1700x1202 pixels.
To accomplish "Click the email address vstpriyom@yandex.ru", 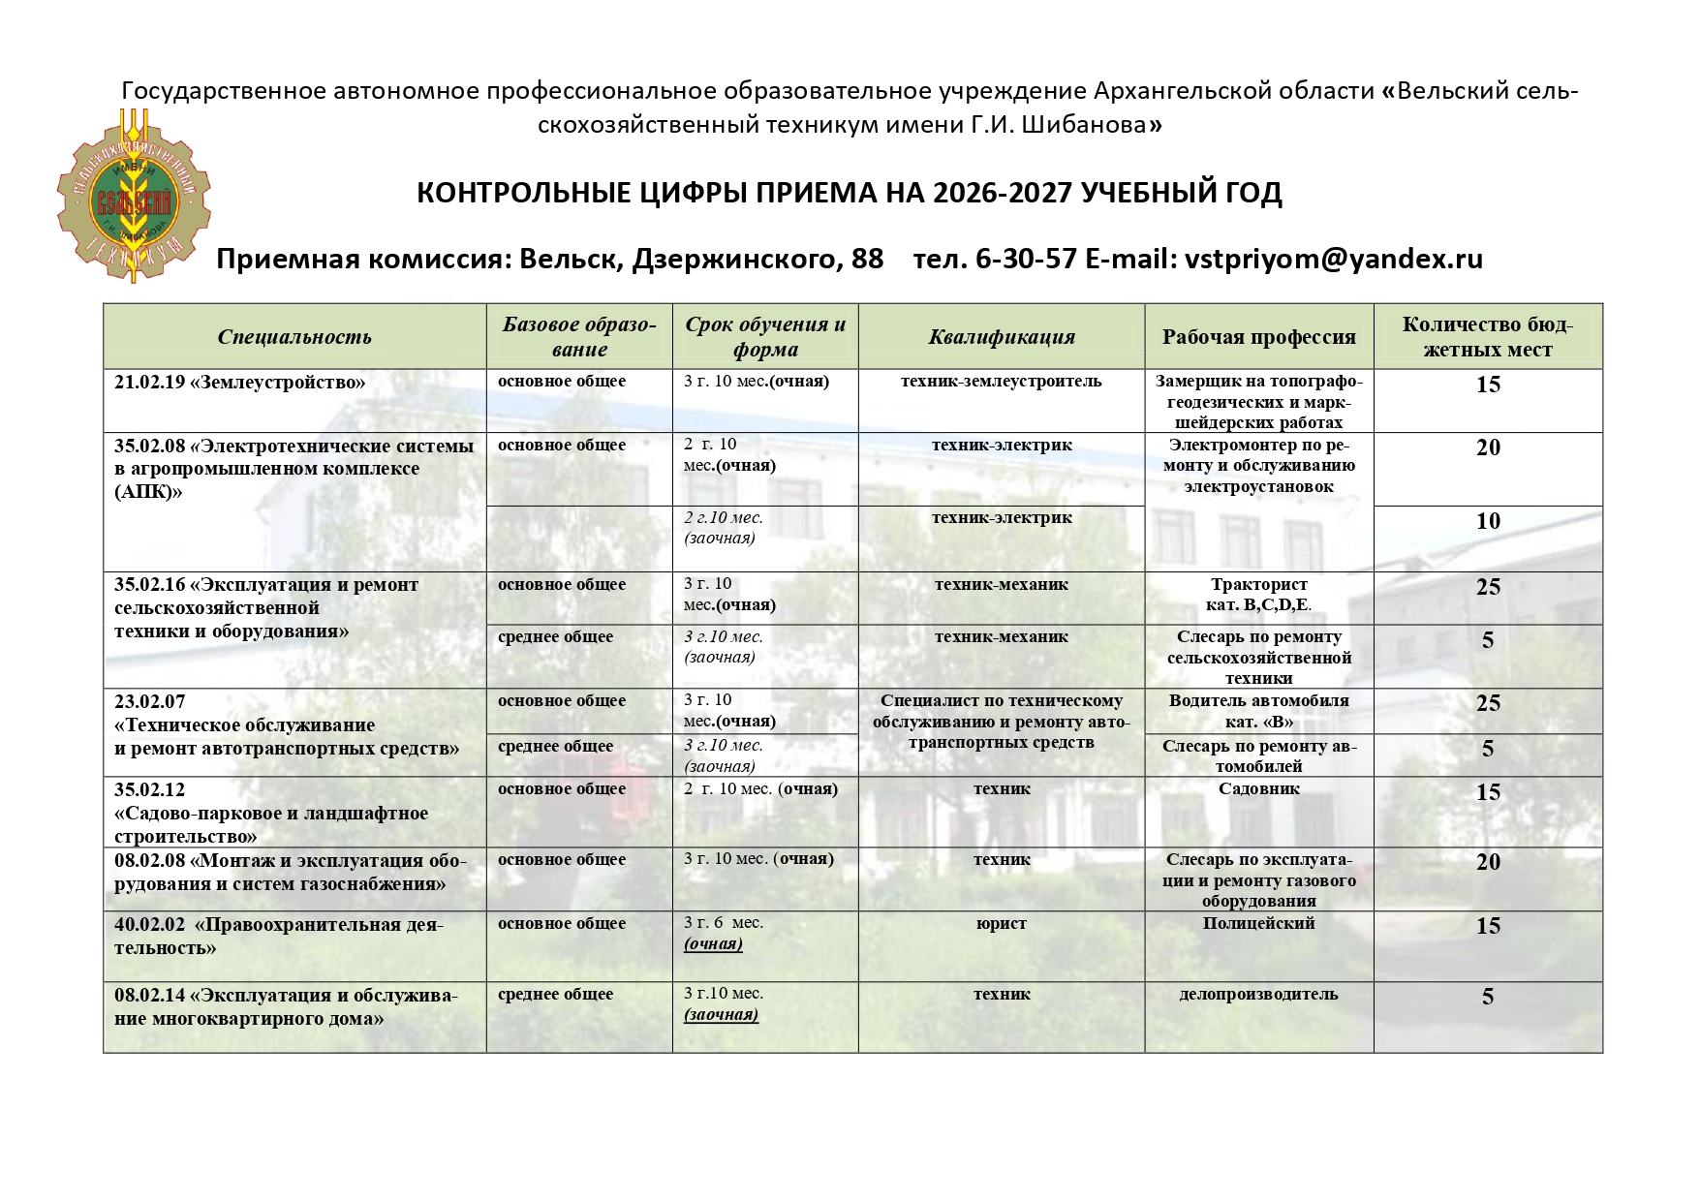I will click(1334, 259).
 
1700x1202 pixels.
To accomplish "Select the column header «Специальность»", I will click(294, 337).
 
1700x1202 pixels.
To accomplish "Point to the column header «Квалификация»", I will click(1002, 337).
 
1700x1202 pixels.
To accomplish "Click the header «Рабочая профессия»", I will click(1258, 337).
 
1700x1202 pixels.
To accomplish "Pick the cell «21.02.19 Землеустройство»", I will click(240, 383).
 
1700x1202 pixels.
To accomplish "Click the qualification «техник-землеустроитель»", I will click(1001, 382).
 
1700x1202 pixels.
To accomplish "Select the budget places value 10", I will click(1488, 521).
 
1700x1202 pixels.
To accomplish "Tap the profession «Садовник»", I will click(1258, 788).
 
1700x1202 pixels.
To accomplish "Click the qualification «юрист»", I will click(1002, 924).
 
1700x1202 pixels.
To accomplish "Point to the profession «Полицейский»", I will click(1258, 924).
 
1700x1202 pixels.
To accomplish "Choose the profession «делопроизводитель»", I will click(1258, 994).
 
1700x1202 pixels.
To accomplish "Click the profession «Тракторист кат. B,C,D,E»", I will click(1258, 595).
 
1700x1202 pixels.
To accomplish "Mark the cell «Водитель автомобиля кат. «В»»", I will click(1258, 711).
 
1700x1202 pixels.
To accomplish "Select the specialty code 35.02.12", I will click(150, 789).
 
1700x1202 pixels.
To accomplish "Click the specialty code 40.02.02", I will click(150, 925).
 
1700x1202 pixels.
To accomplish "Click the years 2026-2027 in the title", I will click(1003, 193).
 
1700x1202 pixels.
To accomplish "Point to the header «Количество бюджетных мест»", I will click(1487, 337).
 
